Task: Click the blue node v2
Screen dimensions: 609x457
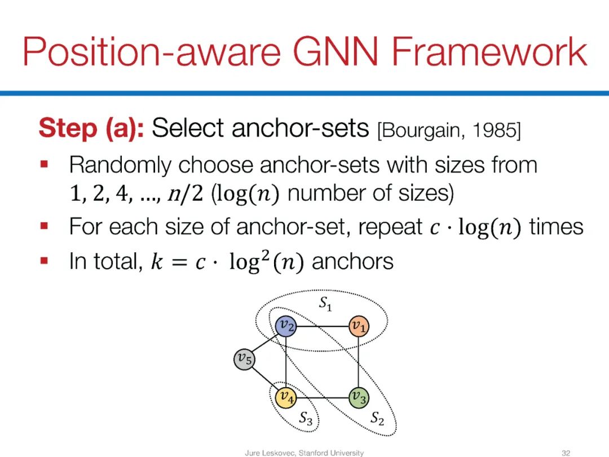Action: (286, 326)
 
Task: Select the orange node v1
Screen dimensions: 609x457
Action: (358, 326)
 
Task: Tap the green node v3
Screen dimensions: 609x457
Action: (358, 398)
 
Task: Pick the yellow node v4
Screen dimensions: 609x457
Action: (286, 398)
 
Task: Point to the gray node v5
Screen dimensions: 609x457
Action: (244, 358)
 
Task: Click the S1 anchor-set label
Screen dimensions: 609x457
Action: (325, 304)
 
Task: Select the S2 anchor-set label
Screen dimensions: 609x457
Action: (377, 418)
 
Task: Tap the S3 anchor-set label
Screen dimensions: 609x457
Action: (306, 418)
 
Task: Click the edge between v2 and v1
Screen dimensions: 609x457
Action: (322, 326)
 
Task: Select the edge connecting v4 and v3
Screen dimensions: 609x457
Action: (322, 398)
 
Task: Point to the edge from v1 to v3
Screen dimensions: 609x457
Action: (358, 362)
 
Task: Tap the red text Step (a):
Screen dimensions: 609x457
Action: (91, 129)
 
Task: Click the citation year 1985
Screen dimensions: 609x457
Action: (496, 130)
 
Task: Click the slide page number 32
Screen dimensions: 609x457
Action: (566, 452)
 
